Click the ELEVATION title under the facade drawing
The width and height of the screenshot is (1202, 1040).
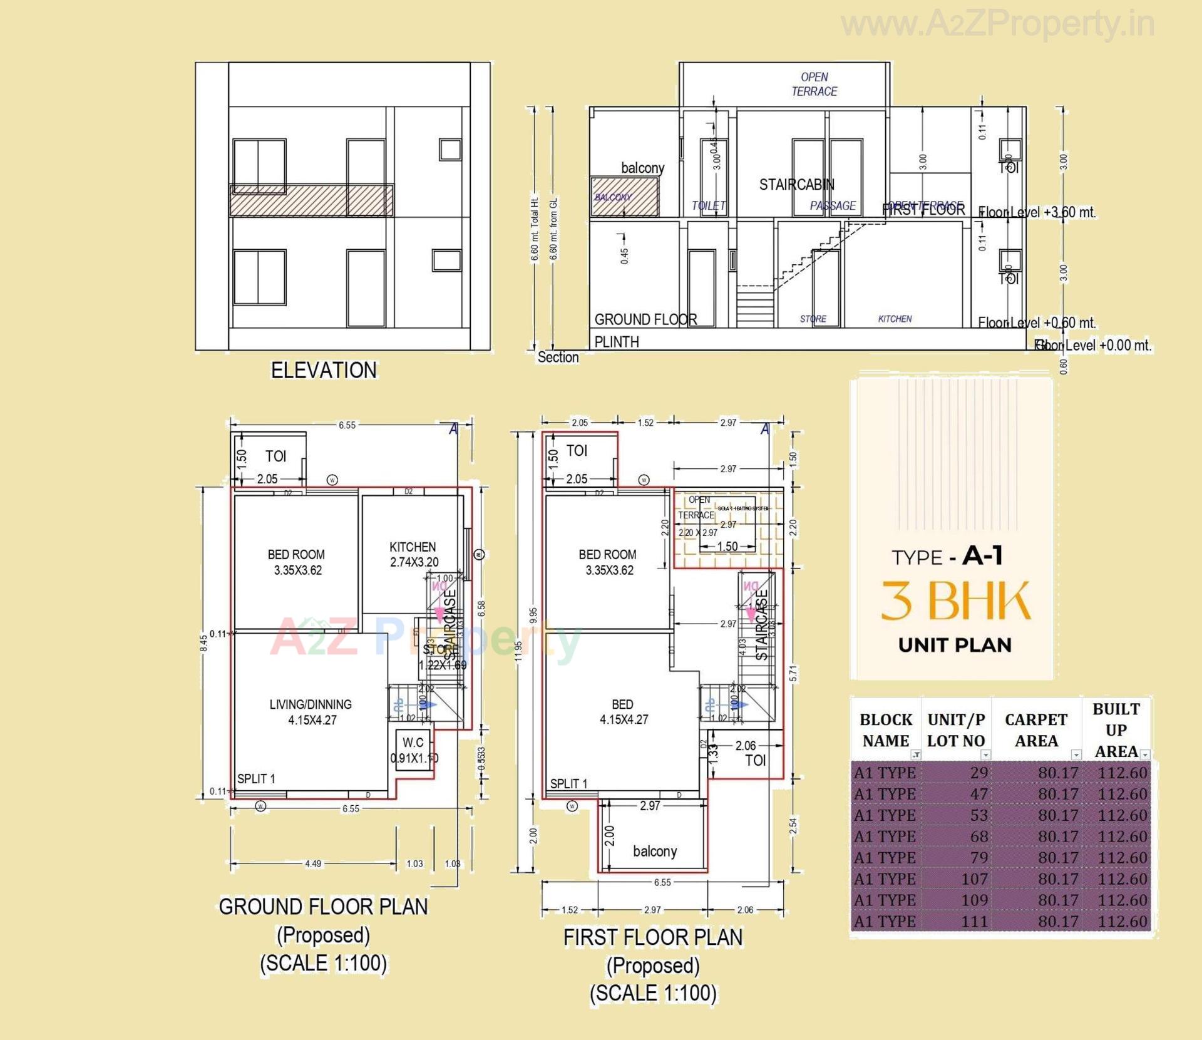324,370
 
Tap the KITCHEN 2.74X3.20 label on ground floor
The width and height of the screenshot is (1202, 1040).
413,554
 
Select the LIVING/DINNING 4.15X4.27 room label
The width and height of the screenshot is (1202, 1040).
311,712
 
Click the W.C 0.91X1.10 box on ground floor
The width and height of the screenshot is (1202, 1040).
413,749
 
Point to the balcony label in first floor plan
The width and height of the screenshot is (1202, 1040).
654,851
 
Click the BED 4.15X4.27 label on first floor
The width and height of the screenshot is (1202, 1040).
623,712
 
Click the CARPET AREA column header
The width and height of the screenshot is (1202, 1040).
1036,730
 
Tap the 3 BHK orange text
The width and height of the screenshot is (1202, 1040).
955,601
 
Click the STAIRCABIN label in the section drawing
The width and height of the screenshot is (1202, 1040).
796,185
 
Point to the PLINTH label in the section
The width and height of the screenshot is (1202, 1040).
617,342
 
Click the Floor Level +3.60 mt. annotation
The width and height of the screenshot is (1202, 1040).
1037,212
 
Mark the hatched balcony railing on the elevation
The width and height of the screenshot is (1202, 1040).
311,200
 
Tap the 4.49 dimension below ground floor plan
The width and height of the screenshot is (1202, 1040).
313,863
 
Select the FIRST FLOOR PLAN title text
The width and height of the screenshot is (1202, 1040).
653,937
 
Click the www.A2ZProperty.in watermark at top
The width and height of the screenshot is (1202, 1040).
997,24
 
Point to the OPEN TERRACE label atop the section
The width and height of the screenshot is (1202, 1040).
814,84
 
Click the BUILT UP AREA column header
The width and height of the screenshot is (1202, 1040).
1116,730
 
